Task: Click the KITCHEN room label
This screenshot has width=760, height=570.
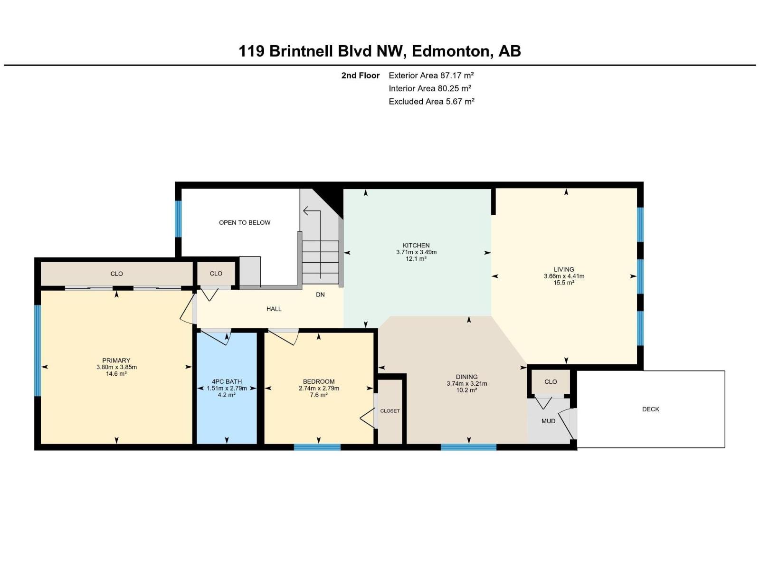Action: pos(416,246)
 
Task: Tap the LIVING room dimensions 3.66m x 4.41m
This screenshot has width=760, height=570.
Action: pos(564,276)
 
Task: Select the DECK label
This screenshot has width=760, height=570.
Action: pos(650,409)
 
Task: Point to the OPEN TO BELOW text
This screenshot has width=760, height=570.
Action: pos(245,222)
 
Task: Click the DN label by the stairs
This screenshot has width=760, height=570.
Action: pos(320,294)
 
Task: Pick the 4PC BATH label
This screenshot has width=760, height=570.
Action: pos(227,381)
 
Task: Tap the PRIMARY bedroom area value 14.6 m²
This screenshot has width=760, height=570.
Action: pos(116,374)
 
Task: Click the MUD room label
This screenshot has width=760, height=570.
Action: pos(548,421)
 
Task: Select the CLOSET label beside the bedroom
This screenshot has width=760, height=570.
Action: pos(390,411)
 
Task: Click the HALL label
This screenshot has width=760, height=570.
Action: pos(274,309)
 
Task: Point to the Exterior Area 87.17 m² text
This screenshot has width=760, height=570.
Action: pos(431,75)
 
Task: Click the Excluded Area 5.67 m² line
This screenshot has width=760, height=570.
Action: pos(431,101)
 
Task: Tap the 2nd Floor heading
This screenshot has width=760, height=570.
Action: pos(361,75)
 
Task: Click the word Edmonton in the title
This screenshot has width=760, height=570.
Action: pos(450,51)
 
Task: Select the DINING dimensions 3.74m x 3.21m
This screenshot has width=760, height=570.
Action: pos(466,384)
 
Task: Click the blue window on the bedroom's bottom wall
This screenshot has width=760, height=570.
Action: pos(317,447)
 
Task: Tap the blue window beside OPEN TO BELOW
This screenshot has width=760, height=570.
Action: pos(179,218)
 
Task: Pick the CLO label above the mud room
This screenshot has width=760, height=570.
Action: pos(551,381)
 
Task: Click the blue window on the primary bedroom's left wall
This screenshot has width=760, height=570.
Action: pos(38,350)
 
